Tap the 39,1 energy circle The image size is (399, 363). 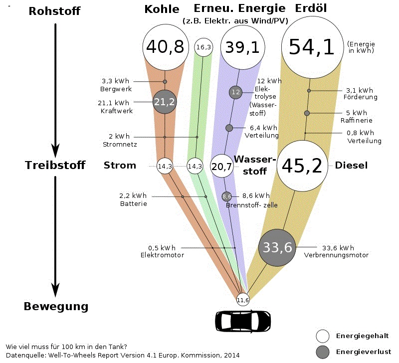242,47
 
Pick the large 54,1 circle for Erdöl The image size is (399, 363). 312,47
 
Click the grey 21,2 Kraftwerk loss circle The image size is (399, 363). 165,102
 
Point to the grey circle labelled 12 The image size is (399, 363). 235,92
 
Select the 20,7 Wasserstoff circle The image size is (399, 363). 222,166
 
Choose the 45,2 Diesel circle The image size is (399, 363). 302,166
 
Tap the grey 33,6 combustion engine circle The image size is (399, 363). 278,246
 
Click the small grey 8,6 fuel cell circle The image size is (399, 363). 226,196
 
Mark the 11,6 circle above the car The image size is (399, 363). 243,300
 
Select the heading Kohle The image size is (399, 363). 162,9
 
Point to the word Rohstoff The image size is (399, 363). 55,11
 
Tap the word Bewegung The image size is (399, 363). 56,306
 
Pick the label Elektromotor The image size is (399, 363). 162,255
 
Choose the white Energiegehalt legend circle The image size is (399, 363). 324,336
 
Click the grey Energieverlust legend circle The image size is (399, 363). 324,352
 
